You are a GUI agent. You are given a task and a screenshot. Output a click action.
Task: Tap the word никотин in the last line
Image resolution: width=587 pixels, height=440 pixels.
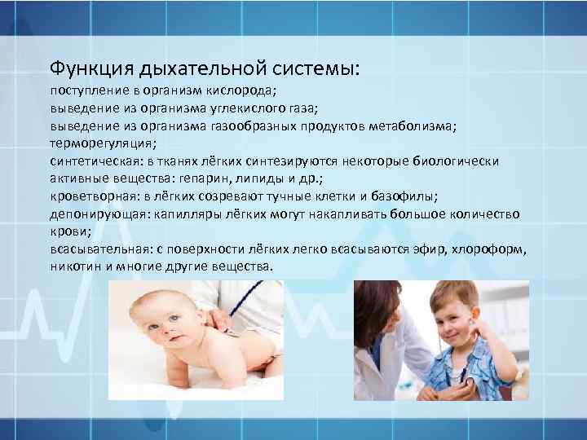75,266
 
